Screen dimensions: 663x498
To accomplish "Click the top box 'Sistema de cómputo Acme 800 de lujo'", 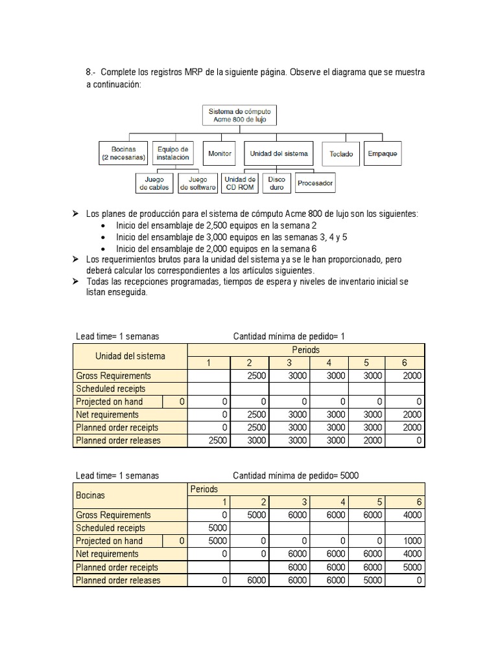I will (239, 115).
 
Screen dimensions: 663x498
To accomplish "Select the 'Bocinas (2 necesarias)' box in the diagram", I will (123, 153).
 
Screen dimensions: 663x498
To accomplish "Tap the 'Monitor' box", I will (220, 153).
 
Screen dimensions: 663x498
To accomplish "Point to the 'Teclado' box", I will (341, 154).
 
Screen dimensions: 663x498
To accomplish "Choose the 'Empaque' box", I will (383, 153).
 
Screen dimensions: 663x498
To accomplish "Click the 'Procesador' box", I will (315, 183).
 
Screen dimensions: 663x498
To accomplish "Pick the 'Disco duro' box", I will (276, 183).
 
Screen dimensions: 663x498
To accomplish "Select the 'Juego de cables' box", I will (154, 183).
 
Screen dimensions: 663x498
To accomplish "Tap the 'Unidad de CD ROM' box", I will (240, 183).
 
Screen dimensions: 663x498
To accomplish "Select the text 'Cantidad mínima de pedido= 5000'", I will (295, 475).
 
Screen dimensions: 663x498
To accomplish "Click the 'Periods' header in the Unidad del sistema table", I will (305, 350).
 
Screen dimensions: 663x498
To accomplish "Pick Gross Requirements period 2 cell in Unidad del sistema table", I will (250, 376).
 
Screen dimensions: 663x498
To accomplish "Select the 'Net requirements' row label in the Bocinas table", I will (107, 554).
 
